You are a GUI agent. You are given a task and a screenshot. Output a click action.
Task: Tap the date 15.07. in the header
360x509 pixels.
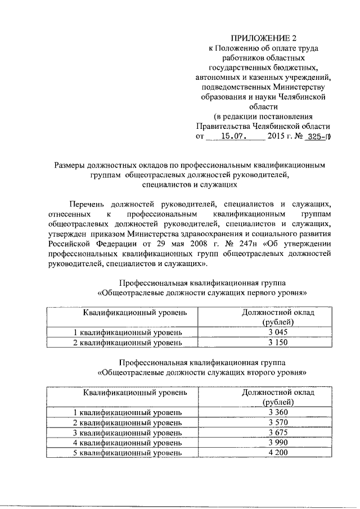click(235, 136)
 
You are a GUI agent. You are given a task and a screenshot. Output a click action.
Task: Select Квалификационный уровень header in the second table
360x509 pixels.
click(135, 392)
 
